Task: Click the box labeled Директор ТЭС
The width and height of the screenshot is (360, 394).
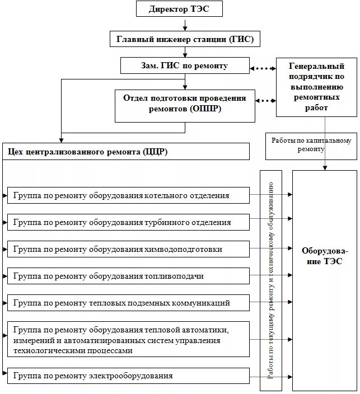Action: [x=179, y=10]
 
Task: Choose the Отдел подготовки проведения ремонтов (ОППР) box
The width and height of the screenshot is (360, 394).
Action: [x=185, y=105]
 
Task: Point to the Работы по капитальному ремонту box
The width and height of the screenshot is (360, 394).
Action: [x=311, y=146]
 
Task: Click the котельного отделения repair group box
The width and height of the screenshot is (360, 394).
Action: [x=128, y=195]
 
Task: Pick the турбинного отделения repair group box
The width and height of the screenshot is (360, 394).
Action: [x=128, y=222]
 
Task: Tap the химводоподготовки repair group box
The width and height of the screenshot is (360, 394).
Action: [x=128, y=249]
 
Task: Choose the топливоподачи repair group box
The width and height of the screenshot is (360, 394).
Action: [x=128, y=276]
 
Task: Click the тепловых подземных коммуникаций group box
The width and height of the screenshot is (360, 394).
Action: [x=128, y=303]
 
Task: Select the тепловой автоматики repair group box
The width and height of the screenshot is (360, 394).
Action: [x=128, y=339]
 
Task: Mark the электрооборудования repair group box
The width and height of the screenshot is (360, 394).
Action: [x=128, y=376]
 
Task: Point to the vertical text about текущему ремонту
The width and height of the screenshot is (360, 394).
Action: [x=271, y=280]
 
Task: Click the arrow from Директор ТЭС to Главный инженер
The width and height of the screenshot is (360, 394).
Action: [x=185, y=25]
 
